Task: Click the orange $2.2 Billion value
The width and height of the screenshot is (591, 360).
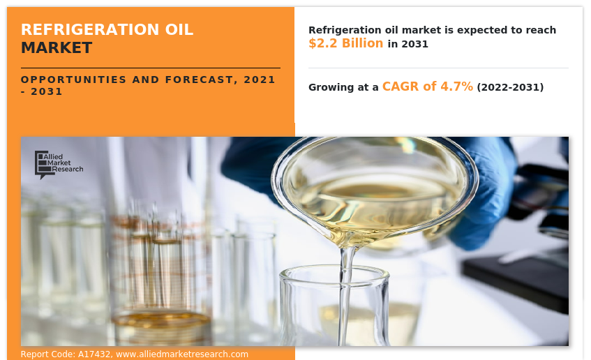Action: (345, 43)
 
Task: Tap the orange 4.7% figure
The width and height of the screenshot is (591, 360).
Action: (456, 87)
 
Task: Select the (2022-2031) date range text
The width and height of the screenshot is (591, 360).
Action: (510, 87)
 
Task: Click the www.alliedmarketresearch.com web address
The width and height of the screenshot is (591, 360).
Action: (182, 354)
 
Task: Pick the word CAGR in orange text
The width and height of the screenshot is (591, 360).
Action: (400, 87)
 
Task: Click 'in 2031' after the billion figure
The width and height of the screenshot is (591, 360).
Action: (408, 44)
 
